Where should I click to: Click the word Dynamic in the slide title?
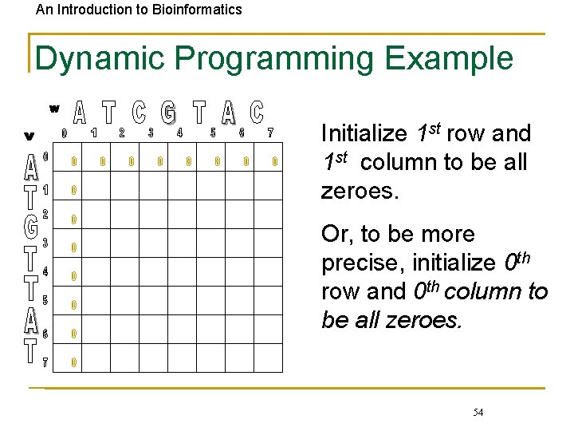[100, 59]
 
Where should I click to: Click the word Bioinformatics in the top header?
[195, 10]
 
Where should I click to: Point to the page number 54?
[478, 412]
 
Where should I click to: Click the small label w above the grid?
[54, 108]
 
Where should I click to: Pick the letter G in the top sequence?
[168, 113]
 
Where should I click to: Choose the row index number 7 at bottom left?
[45, 362]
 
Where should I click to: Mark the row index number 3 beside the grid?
[45, 242]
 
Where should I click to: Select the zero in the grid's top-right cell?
[274, 162]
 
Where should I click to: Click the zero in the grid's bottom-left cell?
[73, 362]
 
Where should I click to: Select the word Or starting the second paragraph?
[334, 235]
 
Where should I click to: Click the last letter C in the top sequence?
[256, 113]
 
